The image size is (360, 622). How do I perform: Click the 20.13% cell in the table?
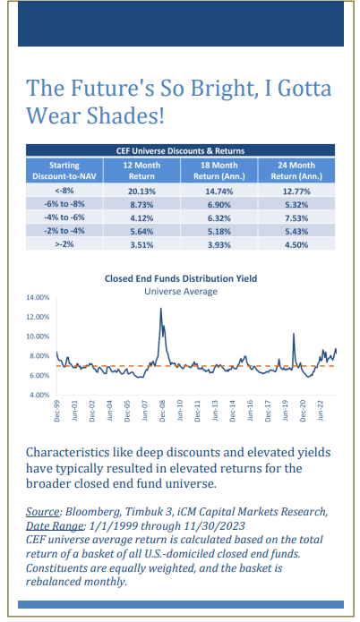(x=141, y=192)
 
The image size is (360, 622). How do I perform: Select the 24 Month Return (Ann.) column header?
(x=296, y=171)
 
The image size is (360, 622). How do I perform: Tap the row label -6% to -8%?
(x=64, y=204)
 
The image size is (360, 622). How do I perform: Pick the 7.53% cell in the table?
(x=296, y=218)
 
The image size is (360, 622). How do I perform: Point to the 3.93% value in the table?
(x=219, y=244)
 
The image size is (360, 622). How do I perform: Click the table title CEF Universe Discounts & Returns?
(x=180, y=150)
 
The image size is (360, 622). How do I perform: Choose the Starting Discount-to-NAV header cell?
(x=64, y=171)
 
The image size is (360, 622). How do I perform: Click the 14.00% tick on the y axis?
(x=39, y=297)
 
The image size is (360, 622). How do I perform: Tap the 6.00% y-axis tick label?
(x=39, y=375)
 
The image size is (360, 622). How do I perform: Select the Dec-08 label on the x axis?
(x=162, y=411)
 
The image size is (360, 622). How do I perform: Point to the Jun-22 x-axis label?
(x=321, y=411)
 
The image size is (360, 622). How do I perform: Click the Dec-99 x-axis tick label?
(x=56, y=411)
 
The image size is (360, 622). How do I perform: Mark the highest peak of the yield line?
(x=161, y=308)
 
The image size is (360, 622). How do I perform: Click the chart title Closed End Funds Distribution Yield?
(x=181, y=278)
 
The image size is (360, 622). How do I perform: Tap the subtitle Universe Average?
(x=181, y=291)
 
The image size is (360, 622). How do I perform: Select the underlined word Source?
(x=43, y=512)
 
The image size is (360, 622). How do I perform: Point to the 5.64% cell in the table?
(x=141, y=231)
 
